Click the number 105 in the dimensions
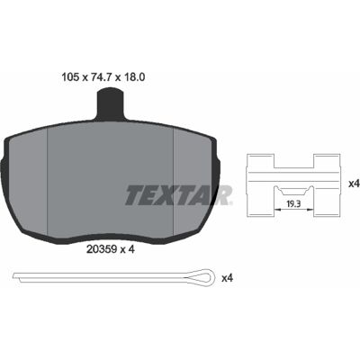(70, 77)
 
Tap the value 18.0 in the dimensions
(134, 77)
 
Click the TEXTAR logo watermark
(179, 195)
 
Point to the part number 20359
(102, 249)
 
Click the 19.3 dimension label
(294, 204)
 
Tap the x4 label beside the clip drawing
(354, 184)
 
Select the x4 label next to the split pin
(227, 278)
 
